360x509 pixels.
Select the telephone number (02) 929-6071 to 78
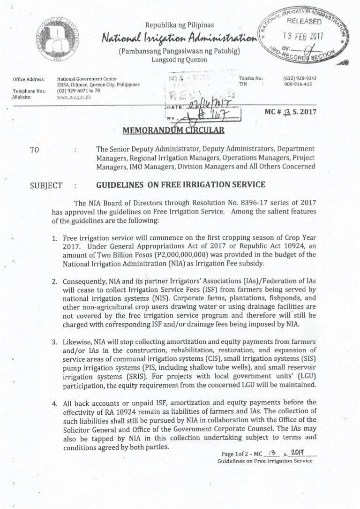tap(77, 91)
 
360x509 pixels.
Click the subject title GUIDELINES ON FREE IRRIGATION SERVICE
tap(180, 185)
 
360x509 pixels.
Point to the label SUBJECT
tap(46, 186)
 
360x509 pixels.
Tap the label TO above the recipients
tap(35, 151)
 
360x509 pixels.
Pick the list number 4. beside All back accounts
tap(54, 403)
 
